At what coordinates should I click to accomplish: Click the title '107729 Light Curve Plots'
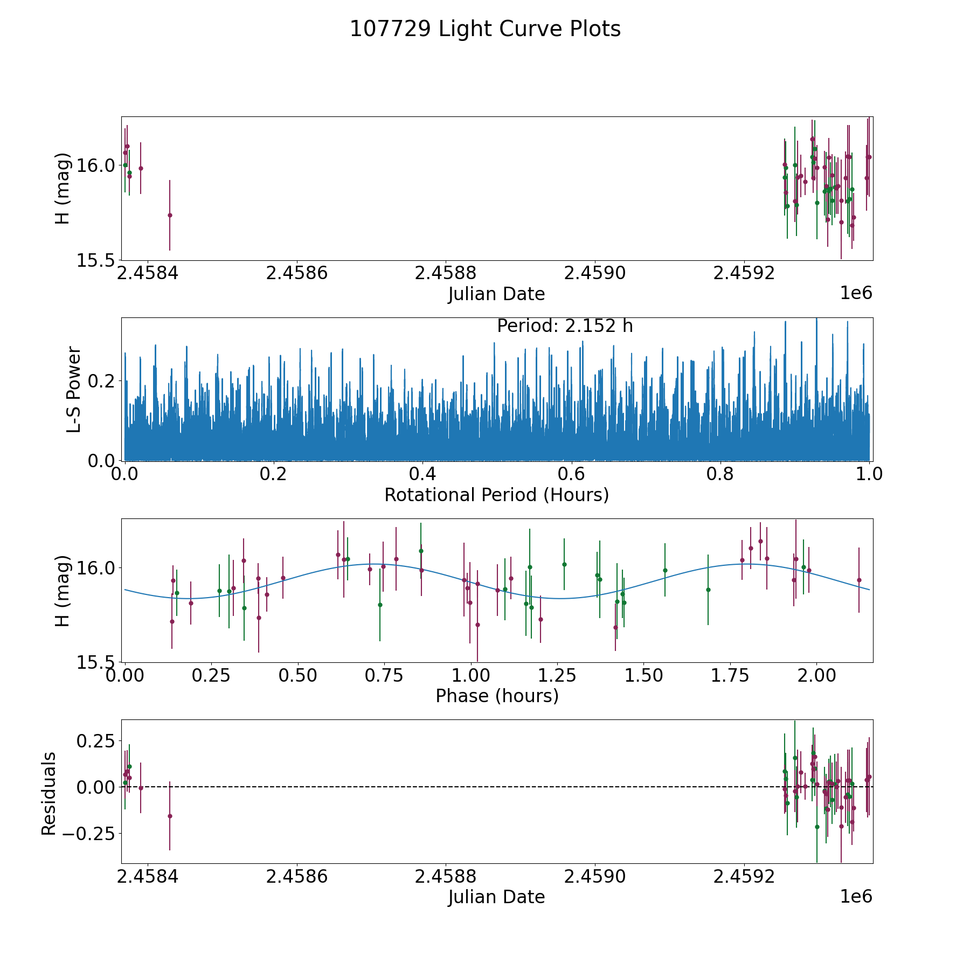click(x=485, y=29)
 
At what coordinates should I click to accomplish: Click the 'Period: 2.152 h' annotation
click(x=565, y=326)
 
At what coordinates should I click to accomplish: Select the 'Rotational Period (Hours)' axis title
click(x=496, y=495)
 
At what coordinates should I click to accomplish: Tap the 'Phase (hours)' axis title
click(x=497, y=696)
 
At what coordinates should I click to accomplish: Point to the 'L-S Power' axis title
click(x=74, y=389)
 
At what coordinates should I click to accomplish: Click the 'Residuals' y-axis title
click(x=49, y=793)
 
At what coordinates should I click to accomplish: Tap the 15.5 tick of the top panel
click(x=95, y=261)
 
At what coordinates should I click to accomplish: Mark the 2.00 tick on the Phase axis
click(x=816, y=675)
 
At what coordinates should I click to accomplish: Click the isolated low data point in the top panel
click(x=170, y=215)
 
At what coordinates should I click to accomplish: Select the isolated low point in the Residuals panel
click(x=170, y=816)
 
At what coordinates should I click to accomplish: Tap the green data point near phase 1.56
click(x=665, y=570)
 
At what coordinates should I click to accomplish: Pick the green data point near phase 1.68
click(x=708, y=590)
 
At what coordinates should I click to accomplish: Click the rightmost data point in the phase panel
click(x=859, y=580)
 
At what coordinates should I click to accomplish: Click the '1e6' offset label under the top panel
click(x=856, y=293)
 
